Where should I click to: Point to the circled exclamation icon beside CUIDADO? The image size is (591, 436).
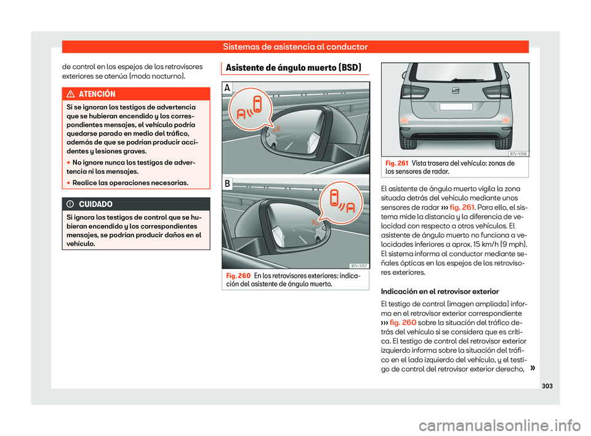[x=71, y=203]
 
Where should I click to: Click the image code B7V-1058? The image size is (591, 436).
[x=517, y=153]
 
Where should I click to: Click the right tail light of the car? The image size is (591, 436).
[x=496, y=92]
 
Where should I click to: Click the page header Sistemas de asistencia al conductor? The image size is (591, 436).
[x=295, y=47]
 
